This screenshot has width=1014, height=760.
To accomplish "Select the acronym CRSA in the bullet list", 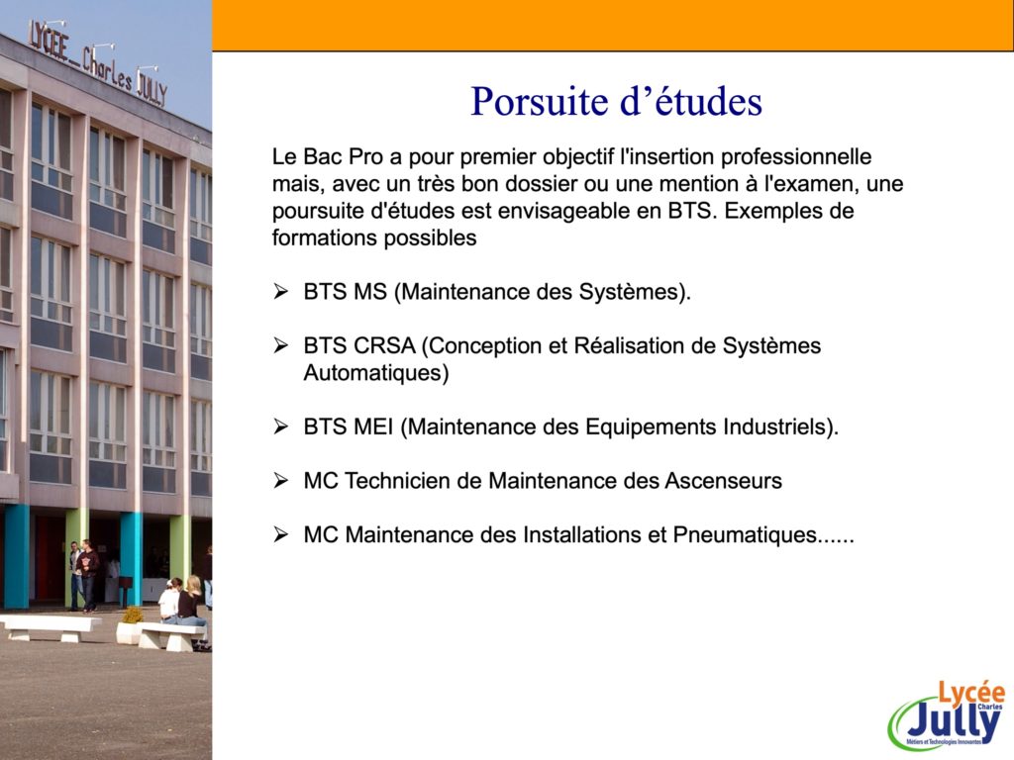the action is tap(384, 345).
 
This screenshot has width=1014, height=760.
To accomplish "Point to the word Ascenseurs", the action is tap(723, 481).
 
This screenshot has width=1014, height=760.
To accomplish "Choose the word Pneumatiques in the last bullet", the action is tap(745, 535).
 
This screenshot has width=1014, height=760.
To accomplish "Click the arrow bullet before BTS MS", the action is tap(280, 292).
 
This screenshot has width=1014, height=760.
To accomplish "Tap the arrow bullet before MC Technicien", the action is tap(280, 480).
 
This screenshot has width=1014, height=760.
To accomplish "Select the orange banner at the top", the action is tap(612, 25).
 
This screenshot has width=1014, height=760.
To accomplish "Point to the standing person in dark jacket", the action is tap(88, 575).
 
